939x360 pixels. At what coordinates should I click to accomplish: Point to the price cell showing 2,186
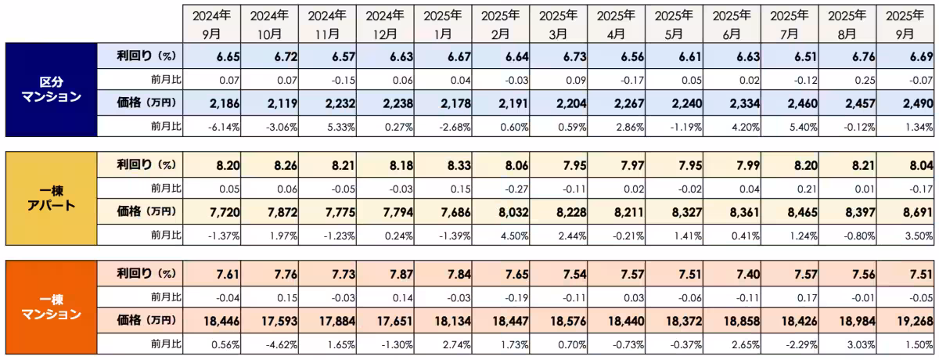coord(208,103)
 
